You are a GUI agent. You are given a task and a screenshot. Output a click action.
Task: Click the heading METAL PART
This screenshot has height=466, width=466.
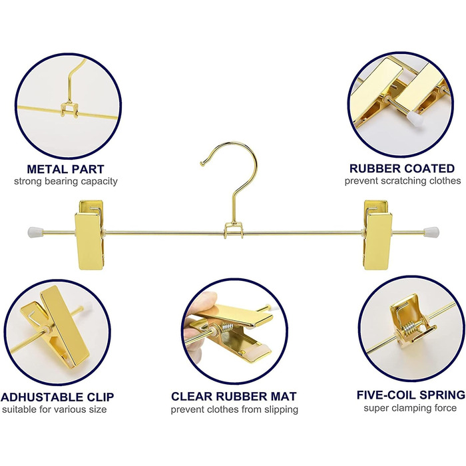(x=65, y=169)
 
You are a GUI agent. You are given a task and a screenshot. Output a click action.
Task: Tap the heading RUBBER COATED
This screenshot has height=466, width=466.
(x=402, y=168)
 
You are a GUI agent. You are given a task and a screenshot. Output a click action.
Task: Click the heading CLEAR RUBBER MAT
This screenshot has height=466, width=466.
(x=234, y=397)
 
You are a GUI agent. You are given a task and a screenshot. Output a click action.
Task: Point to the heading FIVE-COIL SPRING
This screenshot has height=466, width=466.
(x=411, y=395)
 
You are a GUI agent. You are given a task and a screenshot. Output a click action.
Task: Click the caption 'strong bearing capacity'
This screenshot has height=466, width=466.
(x=66, y=181)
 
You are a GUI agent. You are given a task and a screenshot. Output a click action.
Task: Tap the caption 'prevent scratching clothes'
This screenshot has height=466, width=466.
(x=403, y=180)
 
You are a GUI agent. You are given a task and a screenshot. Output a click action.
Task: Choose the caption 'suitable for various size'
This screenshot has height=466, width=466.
(x=55, y=409)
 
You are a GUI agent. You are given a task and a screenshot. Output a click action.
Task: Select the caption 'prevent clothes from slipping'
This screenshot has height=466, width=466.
(x=234, y=409)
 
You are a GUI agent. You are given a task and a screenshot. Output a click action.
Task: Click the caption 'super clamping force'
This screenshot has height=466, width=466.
(x=410, y=408)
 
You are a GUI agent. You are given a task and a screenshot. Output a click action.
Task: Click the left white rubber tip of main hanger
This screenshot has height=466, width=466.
(x=35, y=231)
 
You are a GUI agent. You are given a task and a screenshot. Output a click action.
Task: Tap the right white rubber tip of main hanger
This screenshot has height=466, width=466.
(x=431, y=230)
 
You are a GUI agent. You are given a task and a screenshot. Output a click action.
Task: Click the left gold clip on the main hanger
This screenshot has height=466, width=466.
(x=90, y=235)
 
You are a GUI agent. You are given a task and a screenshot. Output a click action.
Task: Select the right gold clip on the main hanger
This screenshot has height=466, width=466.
(x=377, y=235)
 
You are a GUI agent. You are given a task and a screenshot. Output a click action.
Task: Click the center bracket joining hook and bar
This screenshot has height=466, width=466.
(x=234, y=231)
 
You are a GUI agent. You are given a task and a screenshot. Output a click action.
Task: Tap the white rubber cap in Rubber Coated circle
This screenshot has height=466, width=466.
(x=415, y=118)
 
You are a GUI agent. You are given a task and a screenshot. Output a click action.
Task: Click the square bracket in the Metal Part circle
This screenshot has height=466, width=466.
(x=69, y=110)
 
